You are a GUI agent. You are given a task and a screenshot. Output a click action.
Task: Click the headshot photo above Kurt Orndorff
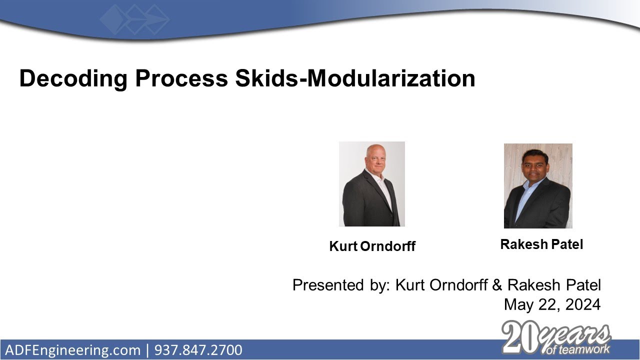(371, 184)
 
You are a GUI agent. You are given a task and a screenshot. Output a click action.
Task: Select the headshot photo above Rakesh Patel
(537, 186)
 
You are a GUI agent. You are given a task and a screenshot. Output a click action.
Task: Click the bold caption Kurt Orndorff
(372, 246)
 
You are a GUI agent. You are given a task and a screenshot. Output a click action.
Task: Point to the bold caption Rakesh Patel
(541, 244)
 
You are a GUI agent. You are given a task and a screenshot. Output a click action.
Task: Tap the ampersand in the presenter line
(496, 285)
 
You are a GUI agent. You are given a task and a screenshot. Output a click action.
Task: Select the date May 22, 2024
(552, 304)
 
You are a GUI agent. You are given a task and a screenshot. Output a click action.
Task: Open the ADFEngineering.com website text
(73, 350)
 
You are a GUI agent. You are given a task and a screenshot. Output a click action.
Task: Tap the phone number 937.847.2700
(198, 350)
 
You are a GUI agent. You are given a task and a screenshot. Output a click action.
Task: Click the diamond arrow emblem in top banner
(134, 19)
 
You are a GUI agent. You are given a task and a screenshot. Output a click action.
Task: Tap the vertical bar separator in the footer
(147, 350)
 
